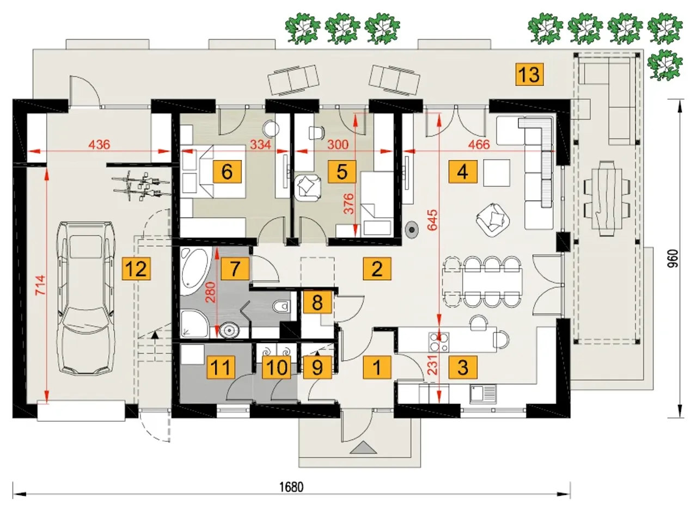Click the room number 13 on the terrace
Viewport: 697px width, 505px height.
click(529, 73)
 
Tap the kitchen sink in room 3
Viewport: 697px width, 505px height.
click(482, 393)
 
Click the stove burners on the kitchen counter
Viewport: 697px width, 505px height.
click(439, 341)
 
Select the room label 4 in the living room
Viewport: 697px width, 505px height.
click(462, 172)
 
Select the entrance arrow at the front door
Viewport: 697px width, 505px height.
click(360, 447)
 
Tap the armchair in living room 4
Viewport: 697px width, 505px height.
click(494, 217)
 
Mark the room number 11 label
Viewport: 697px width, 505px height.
click(221, 367)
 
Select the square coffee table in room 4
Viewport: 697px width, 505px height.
click(497, 173)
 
